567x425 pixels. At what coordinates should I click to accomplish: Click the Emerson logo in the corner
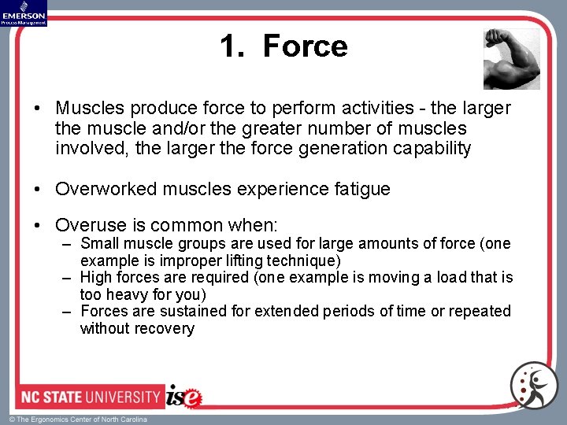click(x=24, y=13)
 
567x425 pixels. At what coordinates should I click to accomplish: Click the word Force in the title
click(x=305, y=46)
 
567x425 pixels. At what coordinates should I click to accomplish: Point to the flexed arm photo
click(x=512, y=59)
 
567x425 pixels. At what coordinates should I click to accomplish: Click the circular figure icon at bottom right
click(x=534, y=386)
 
